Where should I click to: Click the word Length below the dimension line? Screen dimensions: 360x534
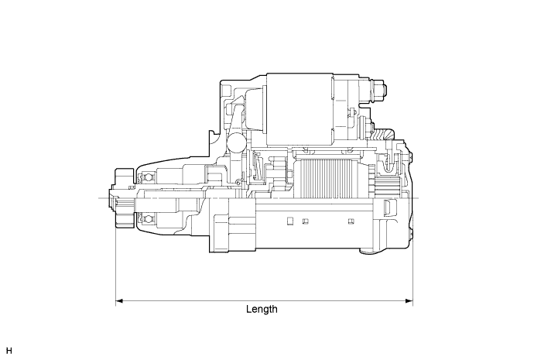(262, 309)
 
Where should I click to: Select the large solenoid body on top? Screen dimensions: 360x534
(299, 109)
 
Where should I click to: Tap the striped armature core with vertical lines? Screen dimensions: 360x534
(325, 177)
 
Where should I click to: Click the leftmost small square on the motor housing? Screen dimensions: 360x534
(289, 221)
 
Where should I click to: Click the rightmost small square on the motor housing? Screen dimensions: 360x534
(347, 221)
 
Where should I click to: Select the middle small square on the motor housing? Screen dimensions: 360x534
(306, 221)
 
